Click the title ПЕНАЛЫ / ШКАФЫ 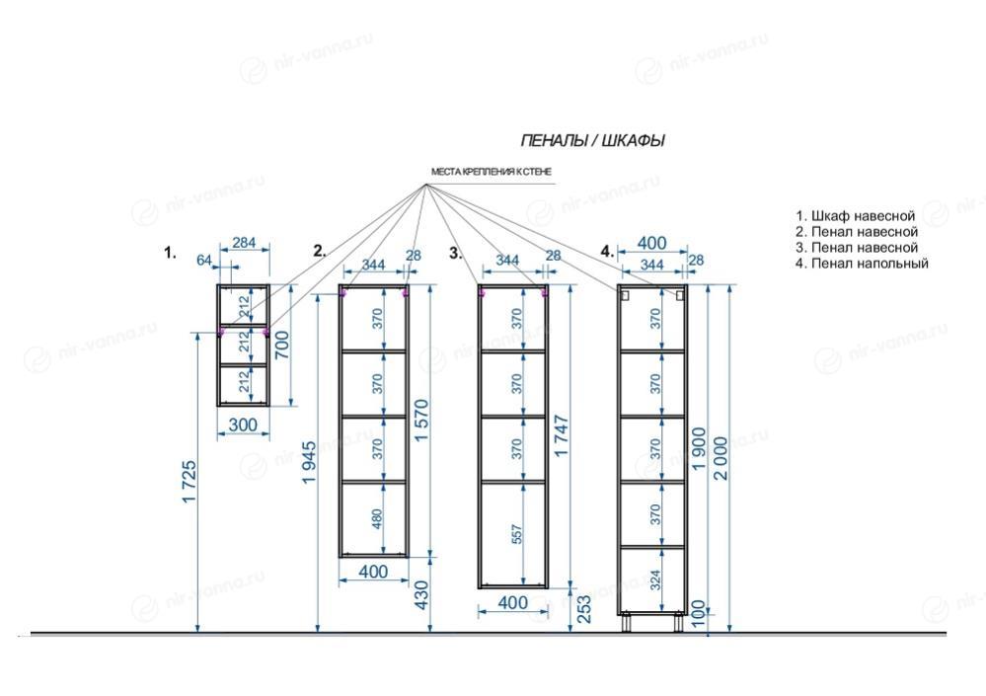(592, 141)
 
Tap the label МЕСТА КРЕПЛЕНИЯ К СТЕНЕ (492, 172)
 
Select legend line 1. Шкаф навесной (855, 216)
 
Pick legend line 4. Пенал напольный (862, 264)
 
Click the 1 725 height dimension (189, 482)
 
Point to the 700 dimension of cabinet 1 (282, 346)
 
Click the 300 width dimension (243, 425)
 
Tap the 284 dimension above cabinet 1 (244, 242)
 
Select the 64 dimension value (204, 260)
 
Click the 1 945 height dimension (309, 463)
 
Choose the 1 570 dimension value (421, 421)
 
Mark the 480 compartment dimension (377, 518)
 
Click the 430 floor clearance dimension (421, 595)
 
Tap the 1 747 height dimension (562, 435)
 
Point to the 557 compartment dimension (516, 534)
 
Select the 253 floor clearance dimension (584, 609)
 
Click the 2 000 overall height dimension (721, 458)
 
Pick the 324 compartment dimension (655, 580)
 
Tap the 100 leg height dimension (698, 614)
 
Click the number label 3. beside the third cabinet (456, 253)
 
